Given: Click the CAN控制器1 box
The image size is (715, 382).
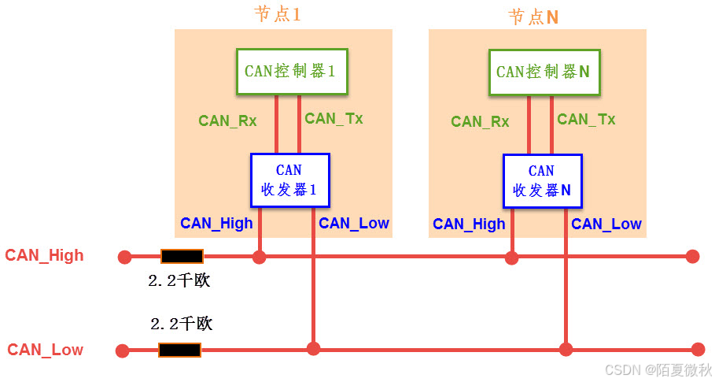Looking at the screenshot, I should (x=289, y=72).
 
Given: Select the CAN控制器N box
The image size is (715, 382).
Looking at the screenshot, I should (x=542, y=72).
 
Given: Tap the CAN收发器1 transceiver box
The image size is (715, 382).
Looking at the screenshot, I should (x=289, y=180).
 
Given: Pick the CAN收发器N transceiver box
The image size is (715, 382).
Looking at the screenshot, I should (x=542, y=180).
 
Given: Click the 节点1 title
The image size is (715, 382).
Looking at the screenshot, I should (x=278, y=15).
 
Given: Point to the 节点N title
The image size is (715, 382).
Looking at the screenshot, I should (x=533, y=17).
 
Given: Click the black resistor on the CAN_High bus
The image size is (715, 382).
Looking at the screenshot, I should (x=182, y=256).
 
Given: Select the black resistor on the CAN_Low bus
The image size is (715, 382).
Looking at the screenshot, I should (x=180, y=350).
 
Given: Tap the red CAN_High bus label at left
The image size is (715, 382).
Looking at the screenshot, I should (x=44, y=255).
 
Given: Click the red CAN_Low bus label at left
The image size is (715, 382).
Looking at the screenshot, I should (x=45, y=350).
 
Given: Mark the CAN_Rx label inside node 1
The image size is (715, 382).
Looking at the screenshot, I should (x=227, y=121).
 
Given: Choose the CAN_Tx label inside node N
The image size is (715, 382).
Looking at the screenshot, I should (x=586, y=119).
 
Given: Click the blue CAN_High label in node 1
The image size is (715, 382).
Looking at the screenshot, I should (x=216, y=223).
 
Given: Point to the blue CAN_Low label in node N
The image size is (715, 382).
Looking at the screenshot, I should (x=606, y=224).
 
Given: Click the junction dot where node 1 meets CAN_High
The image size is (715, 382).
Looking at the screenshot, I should (x=259, y=256).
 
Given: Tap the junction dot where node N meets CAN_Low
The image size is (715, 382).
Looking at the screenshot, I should (x=566, y=349).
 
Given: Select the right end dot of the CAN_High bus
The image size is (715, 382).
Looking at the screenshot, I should (x=692, y=256).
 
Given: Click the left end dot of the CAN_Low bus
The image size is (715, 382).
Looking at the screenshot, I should (x=122, y=350).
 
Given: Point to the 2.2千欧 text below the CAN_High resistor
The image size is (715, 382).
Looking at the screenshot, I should (x=179, y=280).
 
